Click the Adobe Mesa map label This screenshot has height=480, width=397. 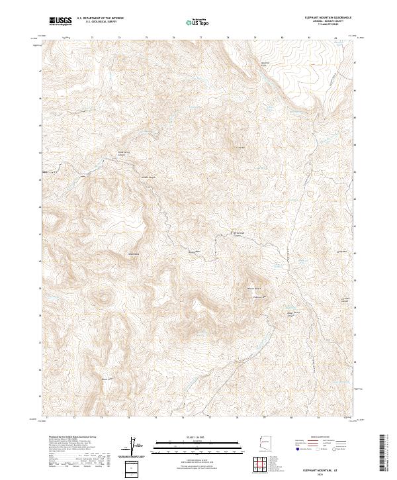click(x=133, y=254)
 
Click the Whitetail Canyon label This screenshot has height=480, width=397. click(x=147, y=177)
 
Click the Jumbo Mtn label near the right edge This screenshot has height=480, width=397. click(x=341, y=252)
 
